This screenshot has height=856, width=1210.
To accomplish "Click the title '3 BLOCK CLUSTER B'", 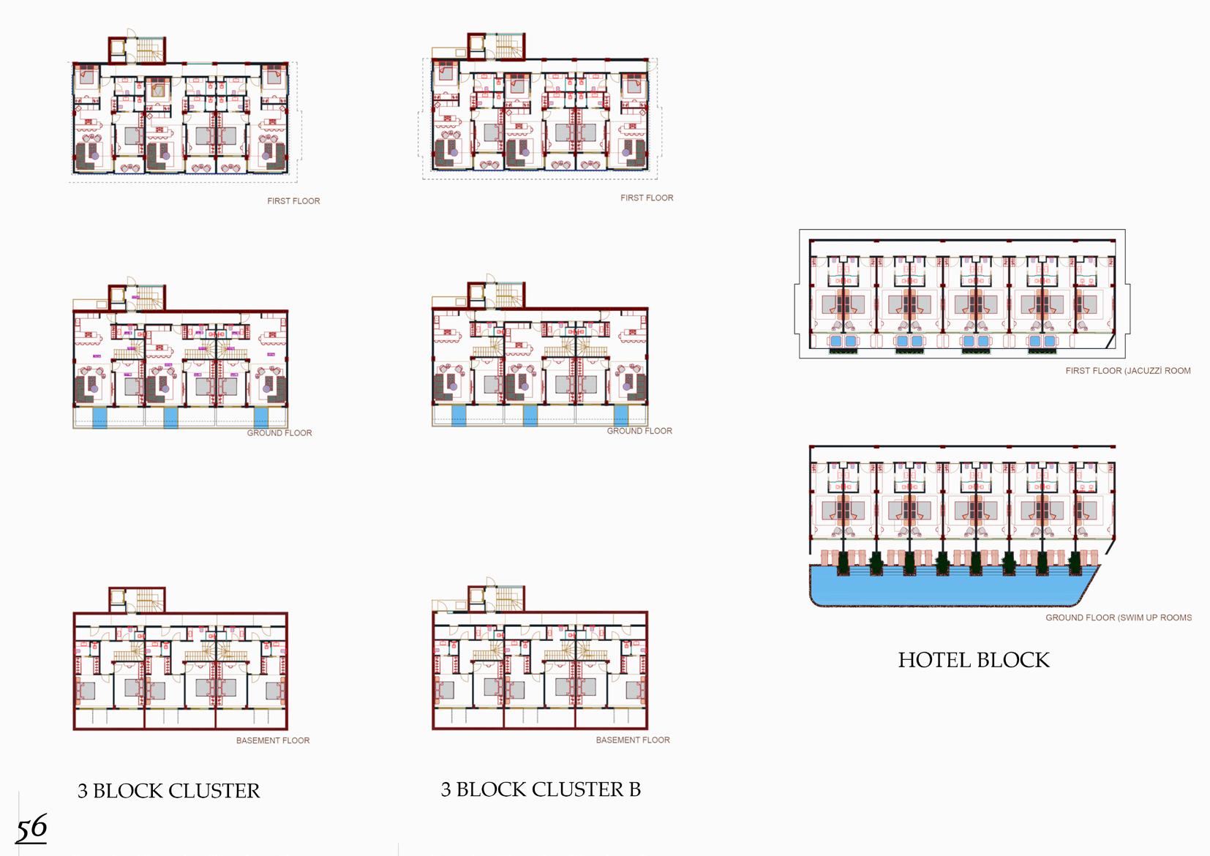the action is (x=541, y=789).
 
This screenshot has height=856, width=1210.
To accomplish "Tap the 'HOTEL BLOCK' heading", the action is (x=973, y=660).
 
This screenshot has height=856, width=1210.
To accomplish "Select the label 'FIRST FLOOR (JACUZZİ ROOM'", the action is (x=1127, y=371).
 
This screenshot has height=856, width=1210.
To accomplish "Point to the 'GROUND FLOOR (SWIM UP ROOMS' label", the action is (x=1118, y=617).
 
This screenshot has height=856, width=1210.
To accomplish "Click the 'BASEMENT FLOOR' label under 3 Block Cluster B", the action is (x=632, y=740).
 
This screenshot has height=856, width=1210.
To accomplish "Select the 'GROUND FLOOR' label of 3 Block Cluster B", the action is (x=639, y=431).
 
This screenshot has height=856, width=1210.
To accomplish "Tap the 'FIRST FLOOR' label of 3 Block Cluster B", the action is (x=647, y=198).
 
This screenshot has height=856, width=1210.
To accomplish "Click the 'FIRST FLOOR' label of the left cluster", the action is (x=293, y=200).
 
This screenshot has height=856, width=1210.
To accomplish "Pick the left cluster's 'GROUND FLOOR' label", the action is (x=279, y=433).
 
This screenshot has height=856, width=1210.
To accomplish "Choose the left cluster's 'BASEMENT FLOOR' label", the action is (x=272, y=740).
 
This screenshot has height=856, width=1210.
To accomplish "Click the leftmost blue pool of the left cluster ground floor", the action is (x=99, y=418).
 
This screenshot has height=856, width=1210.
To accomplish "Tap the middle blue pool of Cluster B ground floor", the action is (x=530, y=416).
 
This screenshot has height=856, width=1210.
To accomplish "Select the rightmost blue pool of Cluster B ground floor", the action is (x=620, y=416).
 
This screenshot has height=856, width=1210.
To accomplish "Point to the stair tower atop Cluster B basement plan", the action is (x=496, y=598).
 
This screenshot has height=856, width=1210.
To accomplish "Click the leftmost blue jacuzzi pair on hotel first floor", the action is (x=843, y=341).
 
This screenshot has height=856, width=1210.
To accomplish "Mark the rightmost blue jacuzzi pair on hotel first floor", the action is (x=1042, y=341).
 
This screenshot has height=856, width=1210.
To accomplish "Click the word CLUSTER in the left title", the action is (x=214, y=791).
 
